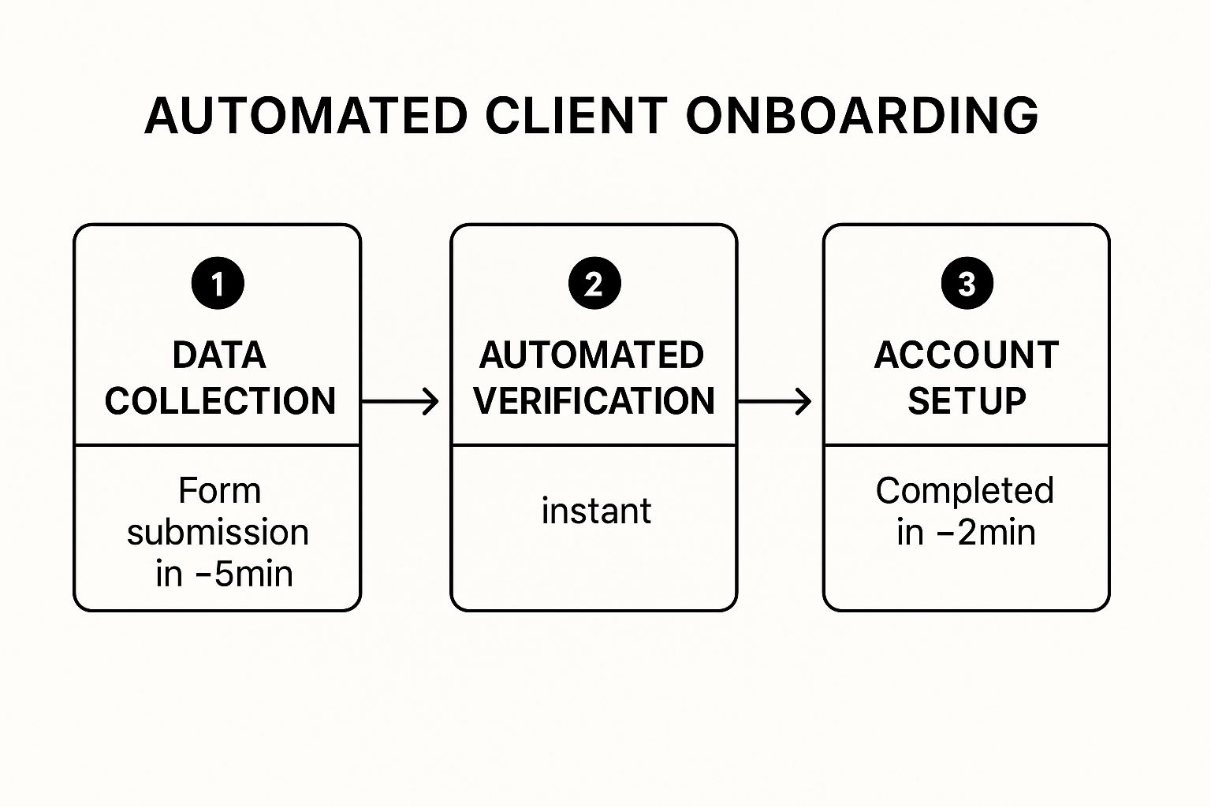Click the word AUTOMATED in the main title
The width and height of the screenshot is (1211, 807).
306,116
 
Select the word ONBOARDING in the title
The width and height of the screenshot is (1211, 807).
863,116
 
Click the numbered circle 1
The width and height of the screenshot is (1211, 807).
218,283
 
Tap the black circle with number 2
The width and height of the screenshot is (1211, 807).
594,283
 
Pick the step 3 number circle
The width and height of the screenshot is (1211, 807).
967,283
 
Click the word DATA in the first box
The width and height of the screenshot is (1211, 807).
219,355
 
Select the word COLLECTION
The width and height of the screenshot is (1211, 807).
220,400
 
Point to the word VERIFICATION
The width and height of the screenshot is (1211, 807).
594,400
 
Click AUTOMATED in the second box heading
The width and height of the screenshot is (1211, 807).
591,355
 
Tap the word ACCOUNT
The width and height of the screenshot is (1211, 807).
967,355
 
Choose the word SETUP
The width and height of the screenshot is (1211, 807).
967,400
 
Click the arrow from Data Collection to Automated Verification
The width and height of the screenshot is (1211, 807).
400,402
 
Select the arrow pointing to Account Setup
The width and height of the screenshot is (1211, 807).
775,402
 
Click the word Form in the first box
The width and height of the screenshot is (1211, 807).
219,491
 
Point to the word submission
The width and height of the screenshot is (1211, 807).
218,533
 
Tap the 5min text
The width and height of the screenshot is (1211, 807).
254,574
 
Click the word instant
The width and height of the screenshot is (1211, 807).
596,511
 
